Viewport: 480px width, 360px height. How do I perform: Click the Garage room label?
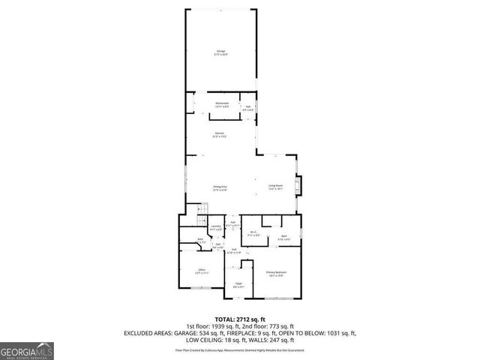(222, 52)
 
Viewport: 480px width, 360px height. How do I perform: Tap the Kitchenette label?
(222, 104)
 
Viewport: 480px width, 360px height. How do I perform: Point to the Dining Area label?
(220, 188)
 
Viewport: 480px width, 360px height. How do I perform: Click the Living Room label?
(276, 187)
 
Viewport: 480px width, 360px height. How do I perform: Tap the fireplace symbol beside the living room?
(299, 185)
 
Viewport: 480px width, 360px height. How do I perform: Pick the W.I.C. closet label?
(254, 233)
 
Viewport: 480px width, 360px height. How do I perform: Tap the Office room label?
(201, 271)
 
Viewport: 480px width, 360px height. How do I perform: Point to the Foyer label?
(238, 284)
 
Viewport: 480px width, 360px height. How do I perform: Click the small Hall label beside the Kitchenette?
(247, 107)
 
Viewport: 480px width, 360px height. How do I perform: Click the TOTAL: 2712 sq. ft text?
(240, 319)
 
